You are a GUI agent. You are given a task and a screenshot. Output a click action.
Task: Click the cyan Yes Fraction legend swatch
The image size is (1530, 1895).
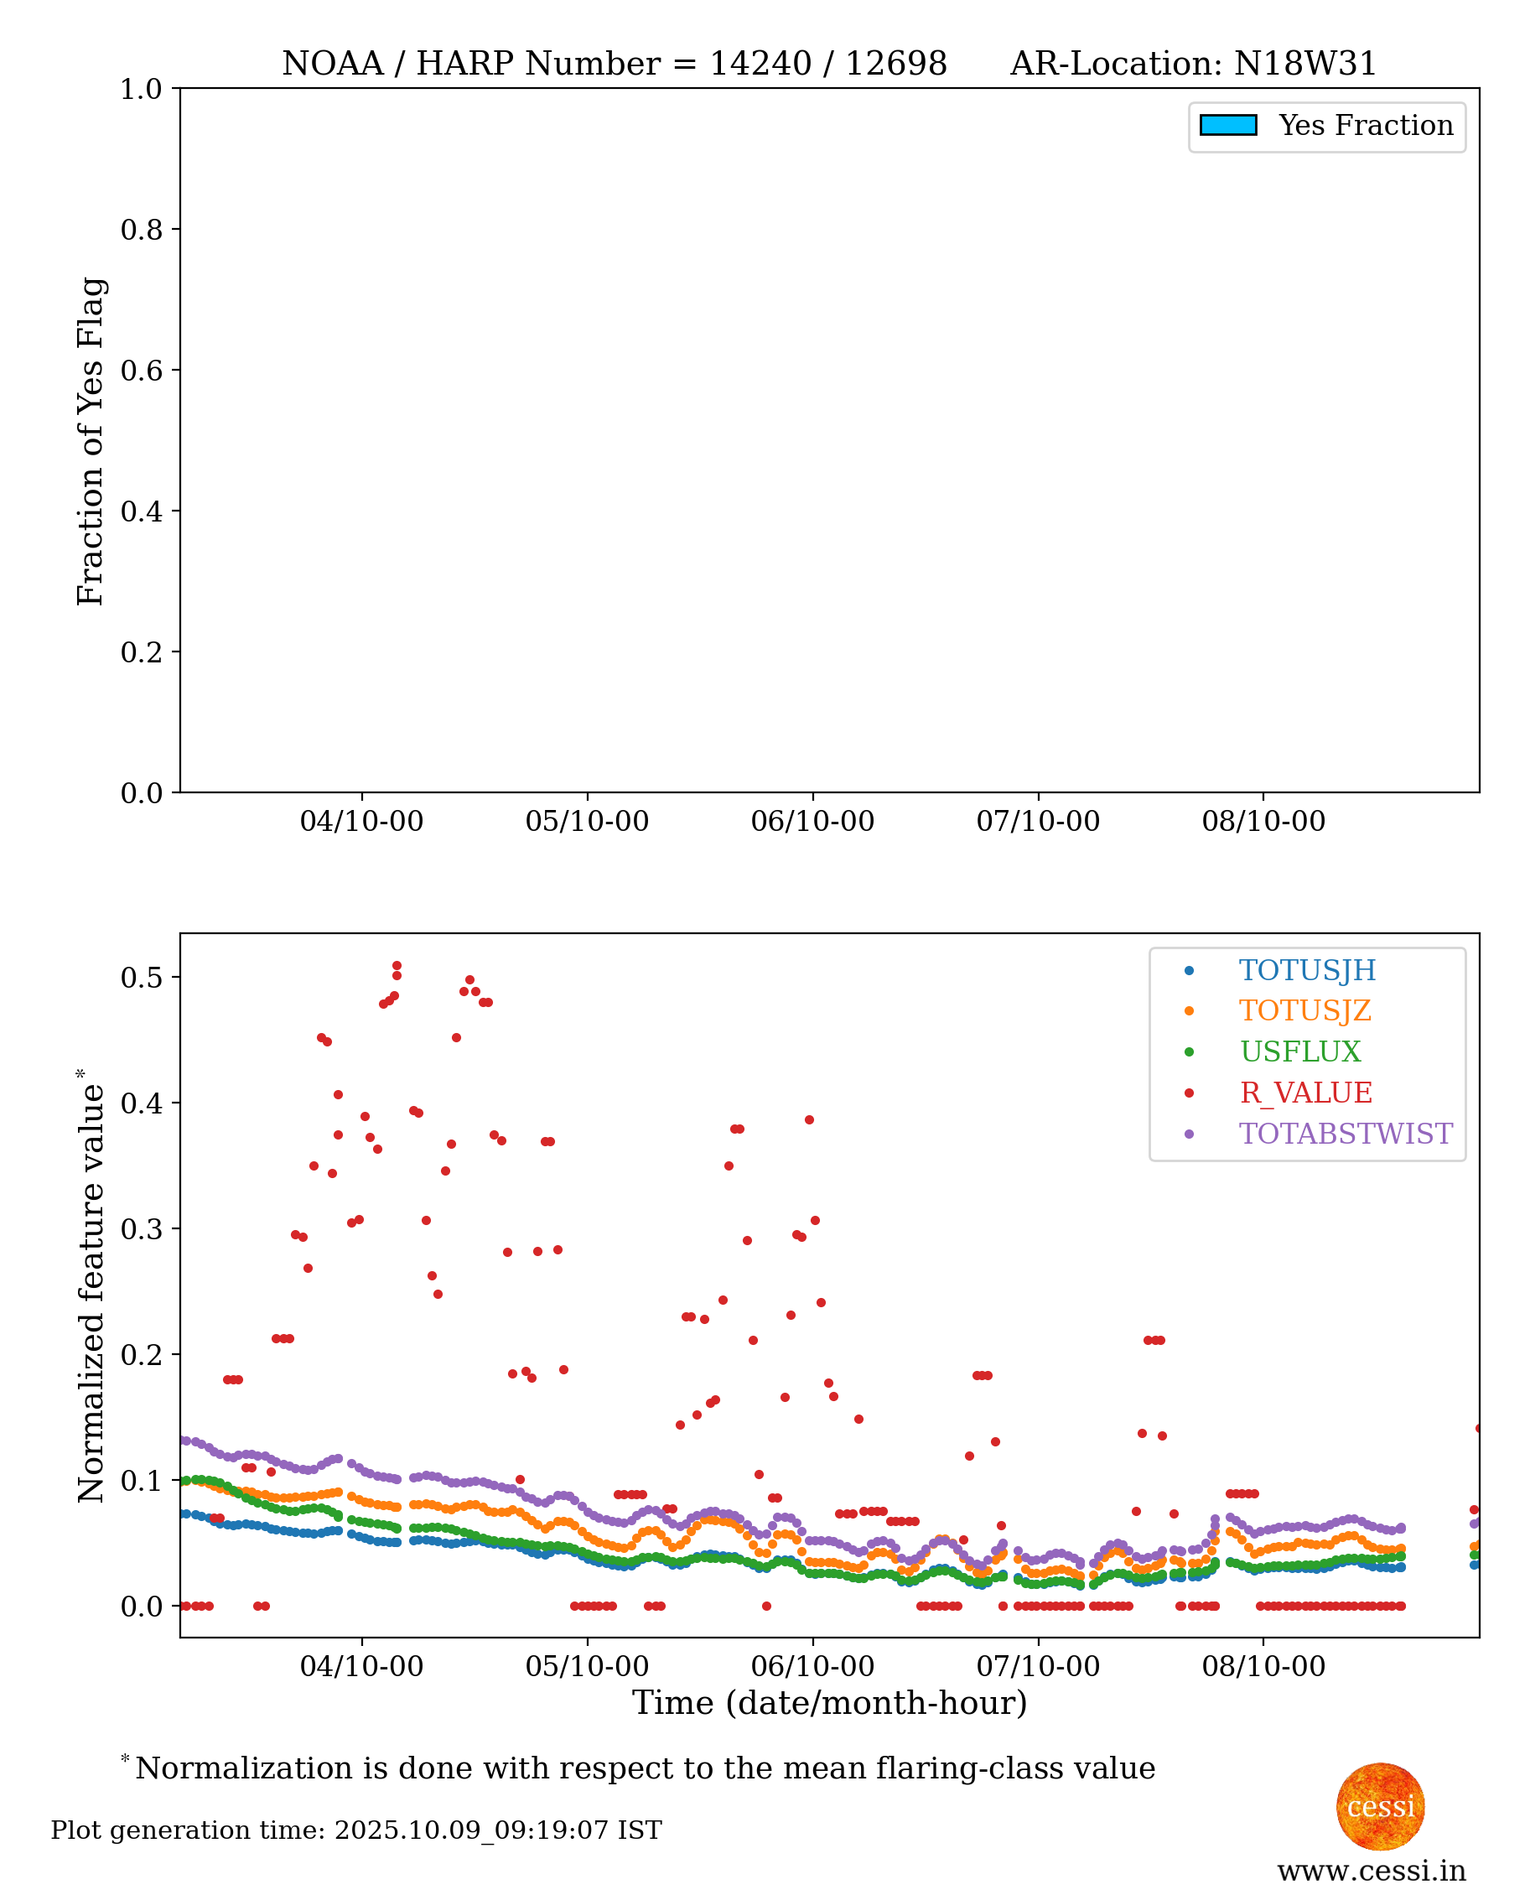coord(1227,125)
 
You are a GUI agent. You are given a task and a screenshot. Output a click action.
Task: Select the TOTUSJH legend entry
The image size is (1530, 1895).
coord(1306,969)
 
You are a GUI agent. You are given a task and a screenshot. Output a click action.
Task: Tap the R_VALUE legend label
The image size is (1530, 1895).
coord(1305,1092)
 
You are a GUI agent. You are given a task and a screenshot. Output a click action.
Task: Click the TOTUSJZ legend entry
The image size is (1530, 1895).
coord(1304,1010)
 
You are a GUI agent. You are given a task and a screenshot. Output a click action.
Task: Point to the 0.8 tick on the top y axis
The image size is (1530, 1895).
coord(141,229)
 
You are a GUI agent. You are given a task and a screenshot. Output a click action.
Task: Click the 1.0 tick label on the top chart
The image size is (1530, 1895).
coord(141,89)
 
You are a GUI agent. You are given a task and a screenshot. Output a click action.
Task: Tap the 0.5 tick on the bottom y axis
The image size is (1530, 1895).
coord(141,977)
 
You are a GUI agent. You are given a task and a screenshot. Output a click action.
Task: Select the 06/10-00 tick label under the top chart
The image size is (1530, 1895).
coord(812,822)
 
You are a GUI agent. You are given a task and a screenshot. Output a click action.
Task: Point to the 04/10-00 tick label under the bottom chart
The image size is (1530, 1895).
coord(361,1667)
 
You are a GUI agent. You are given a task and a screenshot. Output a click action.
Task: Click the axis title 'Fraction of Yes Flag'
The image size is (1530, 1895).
coord(91,441)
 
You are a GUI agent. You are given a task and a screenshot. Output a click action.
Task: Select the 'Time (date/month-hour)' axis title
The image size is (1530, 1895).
coord(829,1703)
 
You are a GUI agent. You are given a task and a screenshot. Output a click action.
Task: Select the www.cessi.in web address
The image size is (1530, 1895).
coord(1372,1871)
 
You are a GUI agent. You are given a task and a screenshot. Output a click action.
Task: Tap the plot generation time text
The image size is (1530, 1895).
coord(356,1830)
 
